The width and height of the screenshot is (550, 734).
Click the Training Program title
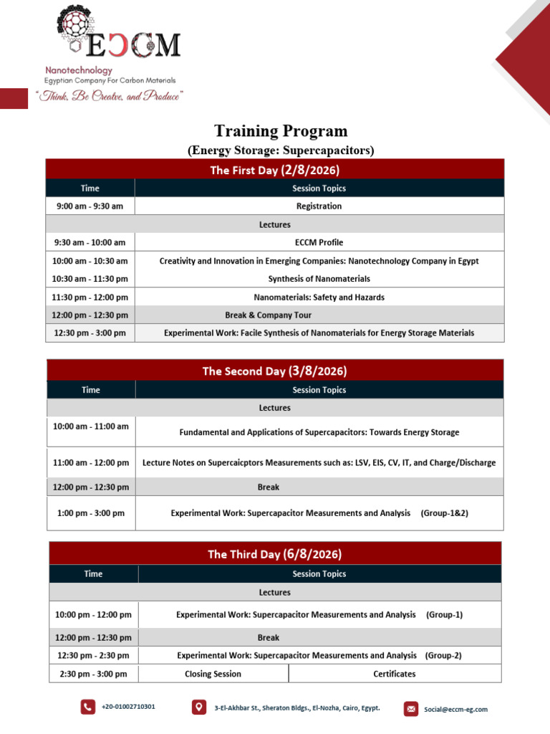click(281, 131)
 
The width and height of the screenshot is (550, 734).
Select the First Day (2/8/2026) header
click(275, 169)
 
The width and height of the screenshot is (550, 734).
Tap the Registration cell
click(319, 206)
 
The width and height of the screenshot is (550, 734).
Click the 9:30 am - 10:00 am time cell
click(90, 242)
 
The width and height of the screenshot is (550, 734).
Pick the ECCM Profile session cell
click(319, 242)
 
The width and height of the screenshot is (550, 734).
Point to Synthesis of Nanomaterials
click(319, 279)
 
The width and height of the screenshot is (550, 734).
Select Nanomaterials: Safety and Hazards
click(319, 297)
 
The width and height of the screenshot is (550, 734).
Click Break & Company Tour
click(268, 315)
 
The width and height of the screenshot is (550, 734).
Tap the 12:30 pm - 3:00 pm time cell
click(90, 333)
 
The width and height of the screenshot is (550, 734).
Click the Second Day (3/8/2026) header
click(275, 371)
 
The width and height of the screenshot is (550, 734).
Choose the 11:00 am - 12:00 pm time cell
click(91, 462)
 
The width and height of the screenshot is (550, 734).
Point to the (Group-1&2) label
click(444, 513)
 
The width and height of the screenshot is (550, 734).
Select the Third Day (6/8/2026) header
click(275, 554)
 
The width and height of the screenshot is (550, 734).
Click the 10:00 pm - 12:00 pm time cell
click(94, 614)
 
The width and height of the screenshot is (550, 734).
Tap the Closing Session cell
click(213, 674)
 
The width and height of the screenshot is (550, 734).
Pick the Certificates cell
click(395, 674)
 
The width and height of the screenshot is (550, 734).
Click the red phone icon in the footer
click(88, 707)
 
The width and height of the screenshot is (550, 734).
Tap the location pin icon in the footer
click(199, 707)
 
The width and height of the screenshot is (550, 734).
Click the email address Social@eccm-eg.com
click(455, 709)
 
